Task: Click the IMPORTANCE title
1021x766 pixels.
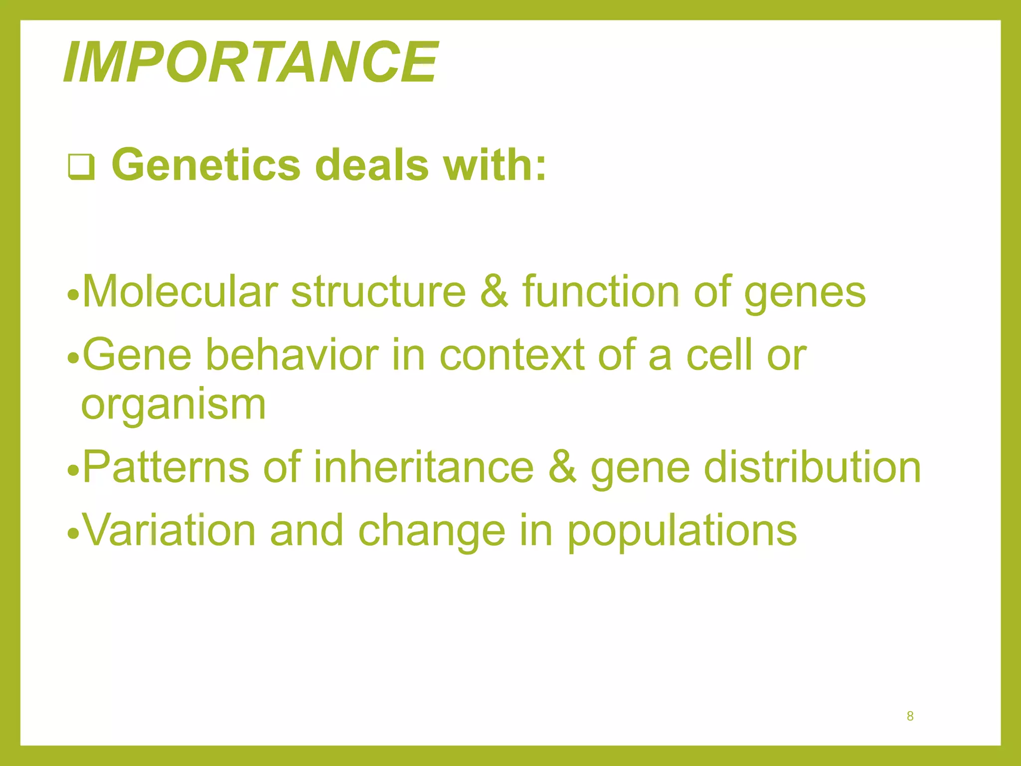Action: point(250,62)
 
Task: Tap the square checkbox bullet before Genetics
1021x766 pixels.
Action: point(81,167)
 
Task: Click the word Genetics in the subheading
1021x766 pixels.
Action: point(206,165)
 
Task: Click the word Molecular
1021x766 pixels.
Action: point(180,292)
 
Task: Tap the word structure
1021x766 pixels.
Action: point(378,292)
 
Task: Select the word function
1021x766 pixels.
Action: point(601,292)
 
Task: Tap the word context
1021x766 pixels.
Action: point(512,355)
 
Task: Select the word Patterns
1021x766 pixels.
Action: point(166,467)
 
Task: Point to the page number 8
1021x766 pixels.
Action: point(910,716)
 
